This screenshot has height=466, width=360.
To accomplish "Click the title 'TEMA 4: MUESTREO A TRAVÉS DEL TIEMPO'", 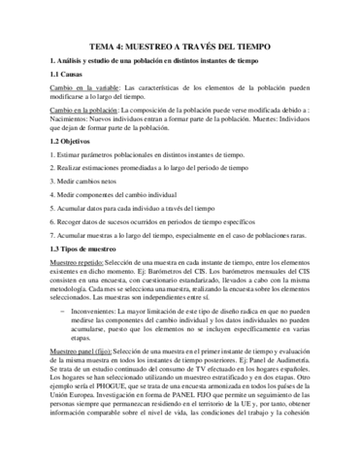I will point(180,46).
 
